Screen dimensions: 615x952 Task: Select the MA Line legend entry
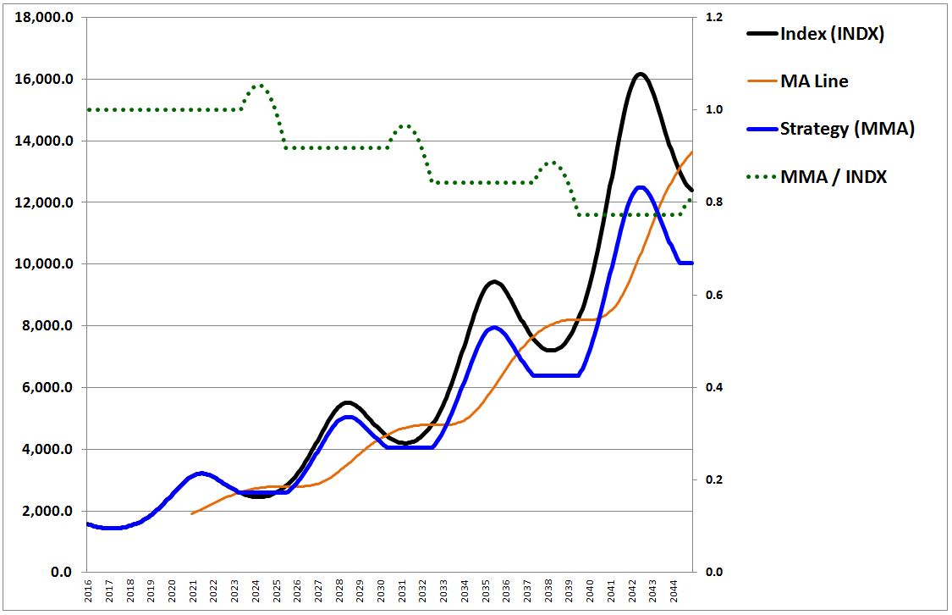[x=814, y=81]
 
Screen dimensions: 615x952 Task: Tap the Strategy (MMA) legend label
[x=847, y=129]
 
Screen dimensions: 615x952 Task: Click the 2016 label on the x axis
[x=89, y=591]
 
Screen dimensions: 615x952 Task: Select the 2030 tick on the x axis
[x=382, y=591]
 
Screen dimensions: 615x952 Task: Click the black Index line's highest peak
[x=640, y=75]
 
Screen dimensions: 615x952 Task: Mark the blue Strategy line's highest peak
[x=641, y=187]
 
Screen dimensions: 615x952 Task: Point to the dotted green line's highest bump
[x=259, y=86]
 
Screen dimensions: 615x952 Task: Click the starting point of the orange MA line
[x=192, y=513]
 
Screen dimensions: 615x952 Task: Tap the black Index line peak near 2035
[x=493, y=281]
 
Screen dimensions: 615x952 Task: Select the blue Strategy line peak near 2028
[x=349, y=417]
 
